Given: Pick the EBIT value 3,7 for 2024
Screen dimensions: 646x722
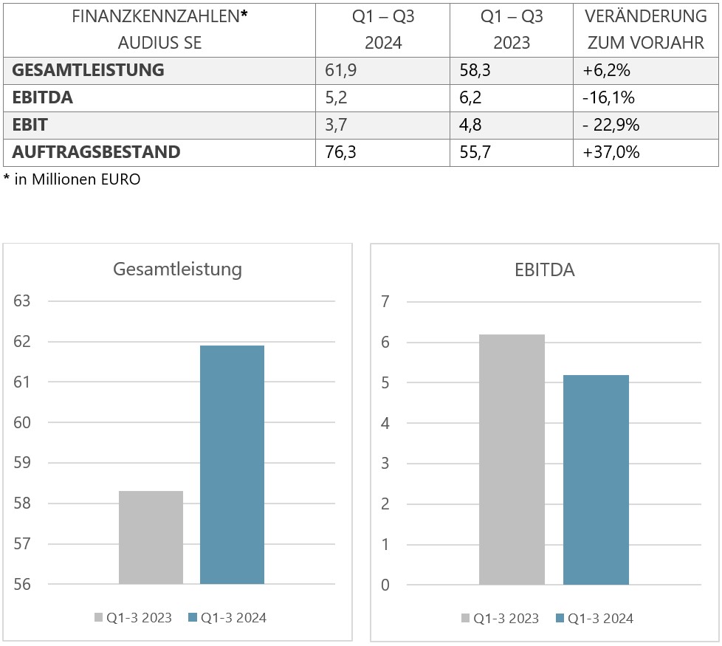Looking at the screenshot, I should pos(337,125).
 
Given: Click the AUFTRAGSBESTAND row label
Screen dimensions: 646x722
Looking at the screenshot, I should pos(96,152).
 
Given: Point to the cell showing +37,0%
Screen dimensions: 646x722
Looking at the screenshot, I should pos(611,152).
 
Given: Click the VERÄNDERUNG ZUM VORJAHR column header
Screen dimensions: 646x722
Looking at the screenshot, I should pos(645,30).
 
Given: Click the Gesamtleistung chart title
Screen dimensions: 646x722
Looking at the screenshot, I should pos(177,269).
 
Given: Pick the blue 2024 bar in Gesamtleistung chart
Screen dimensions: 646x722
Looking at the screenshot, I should pos(232,464).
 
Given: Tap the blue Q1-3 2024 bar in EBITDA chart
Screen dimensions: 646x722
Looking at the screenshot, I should pos(596,480).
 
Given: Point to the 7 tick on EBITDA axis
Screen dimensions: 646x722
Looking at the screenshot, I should pos(385,301).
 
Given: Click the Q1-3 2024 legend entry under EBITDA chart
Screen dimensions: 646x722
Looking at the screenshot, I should pos(594,618).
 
